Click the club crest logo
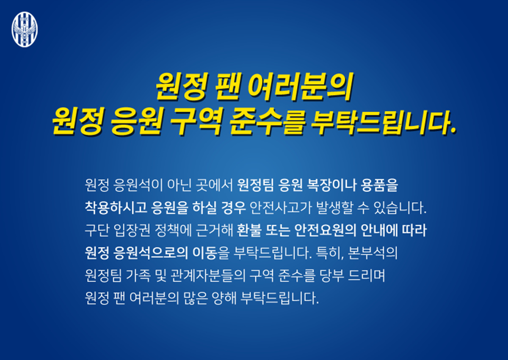(x=25, y=30)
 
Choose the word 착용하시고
(x=116, y=208)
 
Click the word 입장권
(x=132, y=231)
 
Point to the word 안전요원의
(x=326, y=231)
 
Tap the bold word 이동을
(x=211, y=253)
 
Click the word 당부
(x=331, y=275)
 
